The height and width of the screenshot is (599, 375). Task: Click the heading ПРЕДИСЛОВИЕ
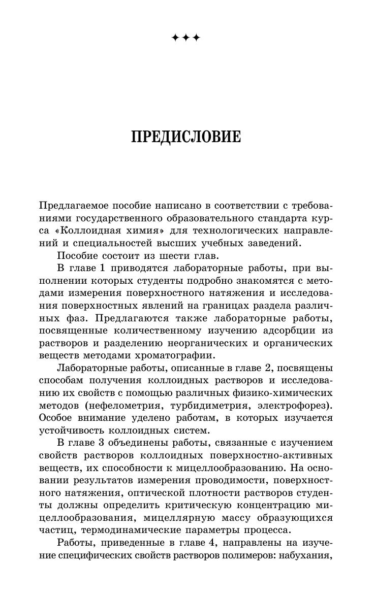tap(186, 137)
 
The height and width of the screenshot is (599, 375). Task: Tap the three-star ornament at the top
tap(186, 38)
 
